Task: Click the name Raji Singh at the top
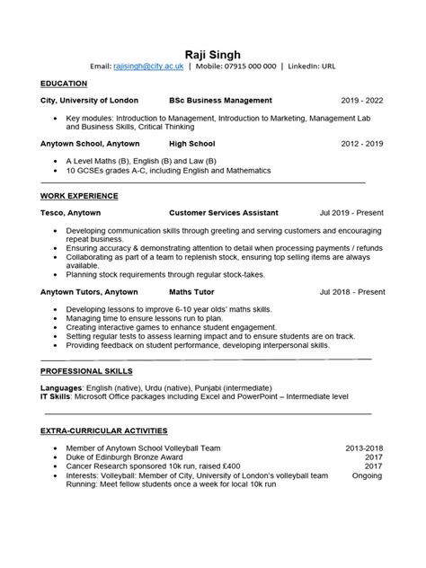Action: pyautogui.click(x=213, y=51)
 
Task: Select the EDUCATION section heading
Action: pyautogui.click(x=65, y=83)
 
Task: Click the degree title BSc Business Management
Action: pyautogui.click(x=220, y=101)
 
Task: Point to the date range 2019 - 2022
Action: pyautogui.click(x=362, y=101)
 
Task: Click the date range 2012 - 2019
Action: pyautogui.click(x=362, y=143)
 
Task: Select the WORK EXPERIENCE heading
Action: pyautogui.click(x=79, y=195)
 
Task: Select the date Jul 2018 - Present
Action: pyautogui.click(x=352, y=292)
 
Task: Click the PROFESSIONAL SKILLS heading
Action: pyautogui.click(x=86, y=370)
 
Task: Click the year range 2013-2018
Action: pyautogui.click(x=365, y=447)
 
